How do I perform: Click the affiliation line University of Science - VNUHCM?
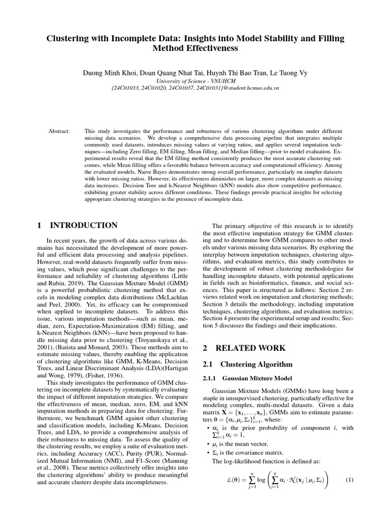(195, 81)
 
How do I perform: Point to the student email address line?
(195, 88)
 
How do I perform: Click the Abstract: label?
(59, 132)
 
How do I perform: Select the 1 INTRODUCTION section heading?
(78, 225)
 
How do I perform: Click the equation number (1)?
(349, 480)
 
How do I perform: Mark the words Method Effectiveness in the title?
(195, 49)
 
